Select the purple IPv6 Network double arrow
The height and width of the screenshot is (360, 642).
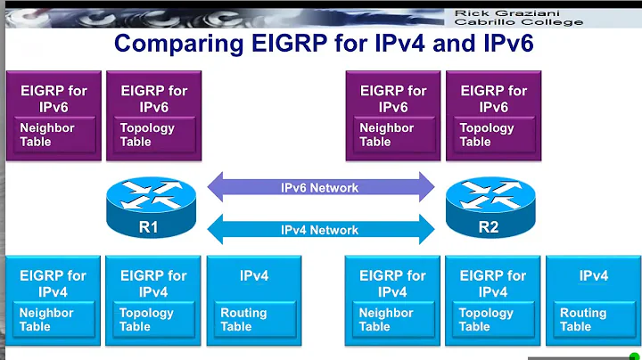click(320, 188)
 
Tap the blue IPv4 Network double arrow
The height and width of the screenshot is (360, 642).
click(320, 230)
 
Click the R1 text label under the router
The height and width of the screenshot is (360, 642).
click(148, 227)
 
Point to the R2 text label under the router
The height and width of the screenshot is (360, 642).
click(488, 227)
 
